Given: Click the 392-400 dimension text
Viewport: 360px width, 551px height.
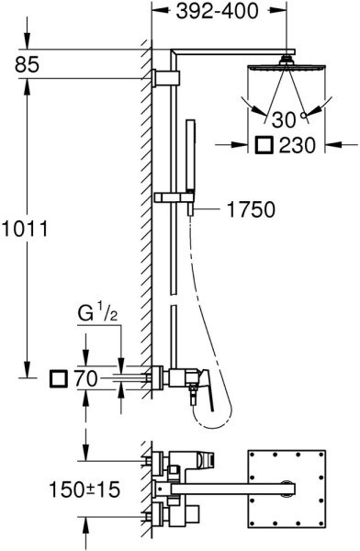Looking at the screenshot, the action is click(218, 11).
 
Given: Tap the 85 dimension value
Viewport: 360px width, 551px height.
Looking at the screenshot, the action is click(27, 65).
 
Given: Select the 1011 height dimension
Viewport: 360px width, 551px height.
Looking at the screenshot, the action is click(24, 230).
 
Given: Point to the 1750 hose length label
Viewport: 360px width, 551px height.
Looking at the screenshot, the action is click(251, 209).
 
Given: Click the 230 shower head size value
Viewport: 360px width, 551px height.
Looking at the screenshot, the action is click(297, 145).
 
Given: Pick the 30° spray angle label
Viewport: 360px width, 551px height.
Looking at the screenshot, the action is click(288, 119).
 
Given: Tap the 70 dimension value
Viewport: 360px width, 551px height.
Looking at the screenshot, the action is click(85, 379).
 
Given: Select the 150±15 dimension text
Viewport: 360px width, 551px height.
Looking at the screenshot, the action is click(84, 489).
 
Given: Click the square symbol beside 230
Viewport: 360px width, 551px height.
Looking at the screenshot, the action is click(264, 145).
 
